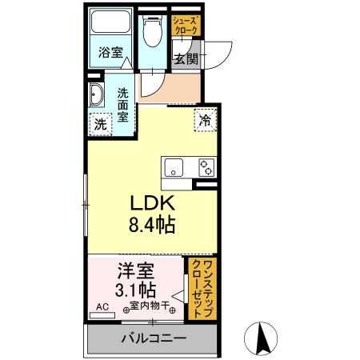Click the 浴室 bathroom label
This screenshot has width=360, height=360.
pyautogui.click(x=110, y=54)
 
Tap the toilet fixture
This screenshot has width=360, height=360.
pyautogui.click(x=151, y=30)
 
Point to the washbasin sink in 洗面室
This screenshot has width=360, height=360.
pyautogui.click(x=96, y=95)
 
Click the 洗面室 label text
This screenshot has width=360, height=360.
pyautogui.click(x=123, y=103)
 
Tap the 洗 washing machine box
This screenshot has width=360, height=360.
pyautogui.click(x=100, y=124)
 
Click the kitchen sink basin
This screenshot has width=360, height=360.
pyautogui.click(x=174, y=168)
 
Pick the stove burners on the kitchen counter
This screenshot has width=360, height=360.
pyautogui.click(x=206, y=167)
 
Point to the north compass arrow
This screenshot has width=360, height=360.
pyautogui.click(x=261, y=338)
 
